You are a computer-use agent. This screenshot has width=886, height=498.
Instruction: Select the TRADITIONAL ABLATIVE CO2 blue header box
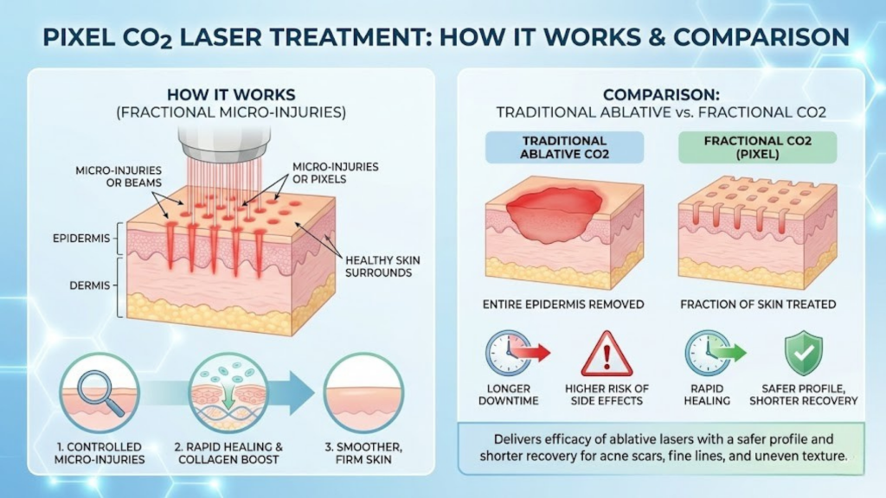click(563, 147)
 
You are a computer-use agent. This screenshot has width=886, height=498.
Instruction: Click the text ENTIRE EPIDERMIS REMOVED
click(563, 303)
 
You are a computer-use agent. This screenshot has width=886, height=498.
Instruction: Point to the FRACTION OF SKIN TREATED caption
click(758, 303)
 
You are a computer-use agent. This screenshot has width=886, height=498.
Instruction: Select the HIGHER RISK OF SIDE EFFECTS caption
click(607, 394)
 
